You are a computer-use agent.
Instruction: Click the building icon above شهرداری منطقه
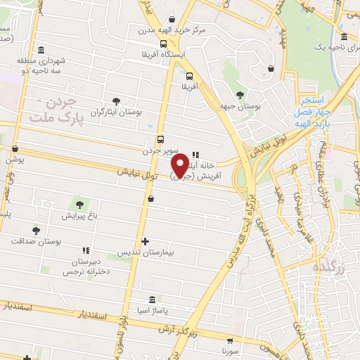tap(41, 49)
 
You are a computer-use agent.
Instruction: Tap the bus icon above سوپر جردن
tap(161, 139)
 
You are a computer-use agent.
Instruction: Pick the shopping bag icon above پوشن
tap(15, 148)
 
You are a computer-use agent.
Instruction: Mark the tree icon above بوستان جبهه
tap(240, 95)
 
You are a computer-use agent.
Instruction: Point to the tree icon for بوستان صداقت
tap(36, 230)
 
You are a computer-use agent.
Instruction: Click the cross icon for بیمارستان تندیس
tap(146, 241)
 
